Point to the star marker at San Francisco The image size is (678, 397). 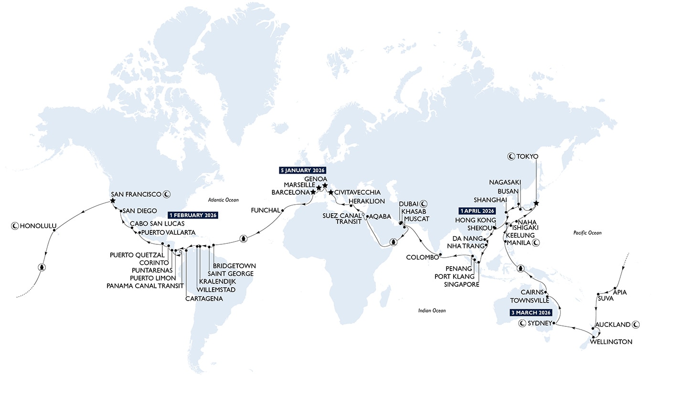point(113,201)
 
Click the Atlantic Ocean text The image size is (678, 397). point(223,200)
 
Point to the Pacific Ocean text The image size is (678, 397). point(587,233)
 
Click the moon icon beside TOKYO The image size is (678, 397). point(510,156)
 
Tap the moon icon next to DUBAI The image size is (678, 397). point(424,203)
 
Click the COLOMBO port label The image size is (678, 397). point(422,258)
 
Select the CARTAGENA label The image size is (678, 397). point(204,299)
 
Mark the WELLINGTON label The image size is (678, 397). point(611,342)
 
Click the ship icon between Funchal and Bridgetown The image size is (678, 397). point(243,238)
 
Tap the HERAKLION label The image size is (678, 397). point(367,201)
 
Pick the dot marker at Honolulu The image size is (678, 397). point(54,230)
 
